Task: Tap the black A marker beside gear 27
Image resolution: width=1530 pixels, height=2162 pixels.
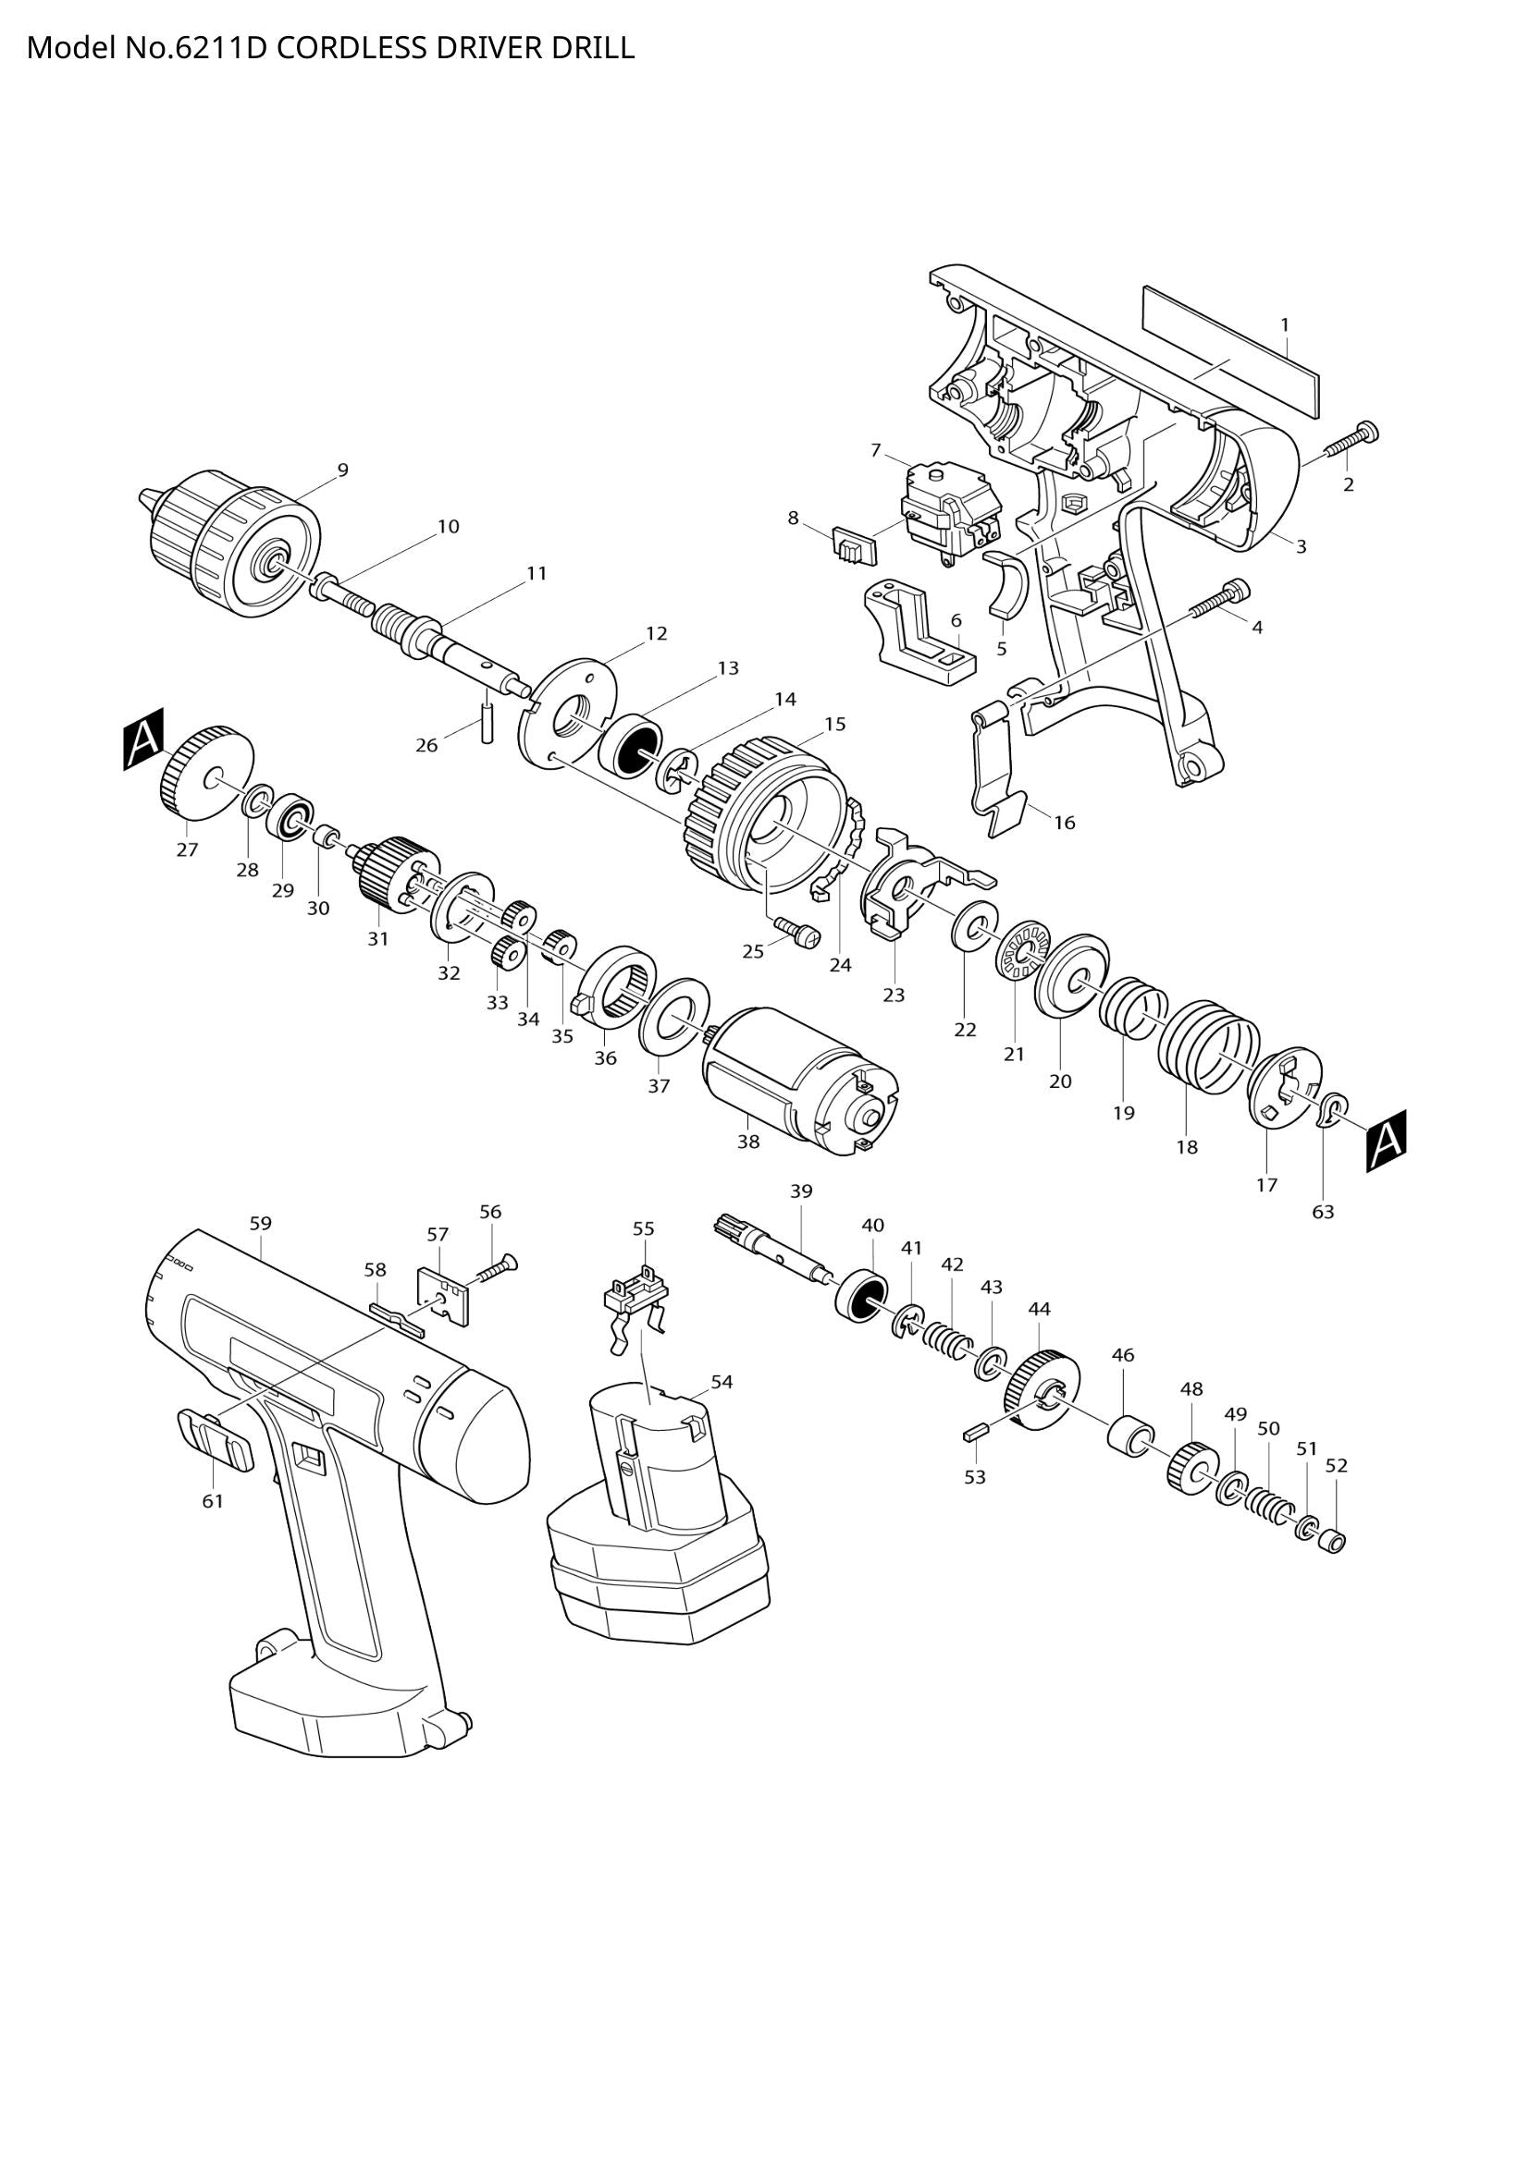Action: (x=143, y=739)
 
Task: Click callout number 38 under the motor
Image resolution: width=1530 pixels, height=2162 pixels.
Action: (x=747, y=1142)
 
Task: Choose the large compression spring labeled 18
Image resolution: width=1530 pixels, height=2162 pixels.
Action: (x=1208, y=1046)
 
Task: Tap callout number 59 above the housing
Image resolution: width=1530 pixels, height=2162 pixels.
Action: (x=261, y=1224)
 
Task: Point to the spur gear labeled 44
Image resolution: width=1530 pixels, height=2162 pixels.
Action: (x=1040, y=1392)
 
